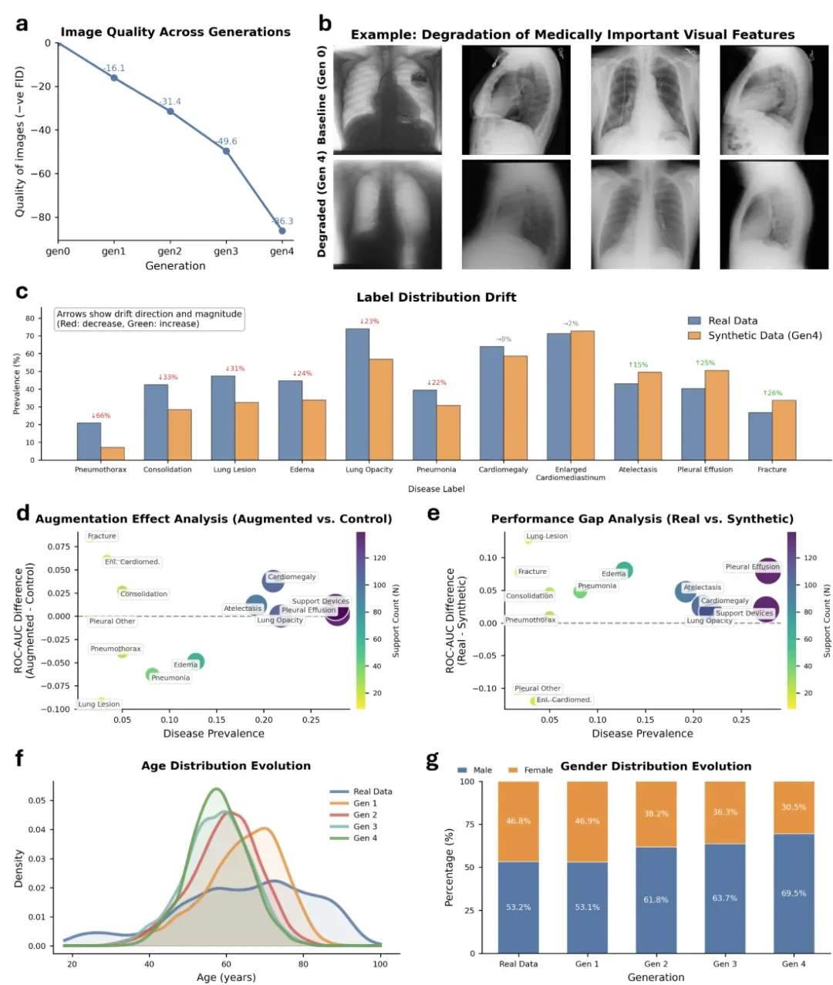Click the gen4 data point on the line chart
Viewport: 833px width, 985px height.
click(x=282, y=231)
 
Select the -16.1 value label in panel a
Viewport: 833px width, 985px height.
click(x=115, y=68)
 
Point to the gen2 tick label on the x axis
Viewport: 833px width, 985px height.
click(x=170, y=251)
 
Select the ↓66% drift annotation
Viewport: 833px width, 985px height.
click(x=101, y=416)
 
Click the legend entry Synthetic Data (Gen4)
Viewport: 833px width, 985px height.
click(x=764, y=336)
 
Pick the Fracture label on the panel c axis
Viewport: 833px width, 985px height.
click(x=772, y=469)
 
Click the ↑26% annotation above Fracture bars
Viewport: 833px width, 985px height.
click(x=772, y=393)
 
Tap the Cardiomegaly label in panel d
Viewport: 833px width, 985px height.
click(x=292, y=577)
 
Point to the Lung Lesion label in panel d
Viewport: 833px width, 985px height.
click(x=99, y=704)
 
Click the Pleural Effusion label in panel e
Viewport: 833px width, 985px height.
click(x=752, y=567)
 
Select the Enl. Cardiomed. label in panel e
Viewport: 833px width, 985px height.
click(x=564, y=700)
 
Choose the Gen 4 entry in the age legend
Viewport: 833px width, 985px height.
click(x=365, y=838)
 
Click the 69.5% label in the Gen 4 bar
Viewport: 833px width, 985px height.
click(x=794, y=893)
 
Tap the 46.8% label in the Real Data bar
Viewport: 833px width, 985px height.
click(x=518, y=821)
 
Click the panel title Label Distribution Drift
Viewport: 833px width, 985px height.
click(x=436, y=297)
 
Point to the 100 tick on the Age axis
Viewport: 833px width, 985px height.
click(x=380, y=963)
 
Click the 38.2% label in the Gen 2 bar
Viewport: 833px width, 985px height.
click(x=656, y=814)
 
